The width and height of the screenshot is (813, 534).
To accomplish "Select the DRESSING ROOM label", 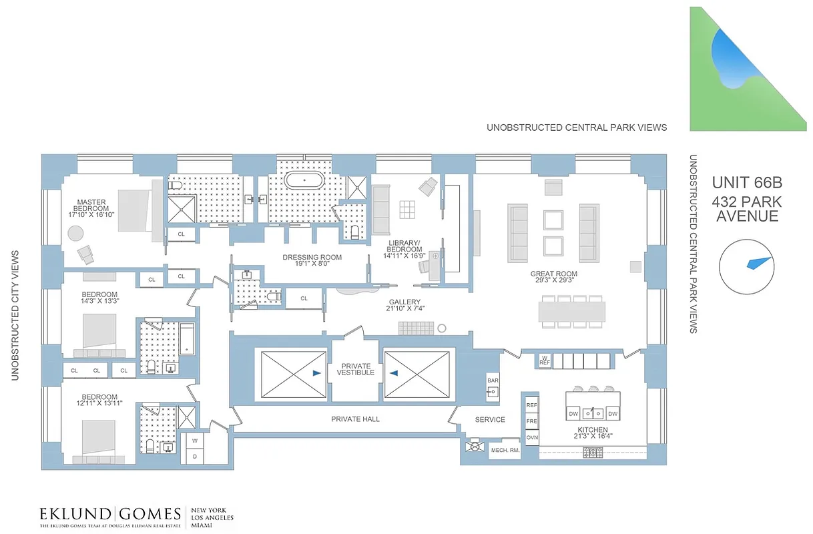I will (312, 257).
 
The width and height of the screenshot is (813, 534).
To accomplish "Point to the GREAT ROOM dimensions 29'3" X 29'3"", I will (554, 281).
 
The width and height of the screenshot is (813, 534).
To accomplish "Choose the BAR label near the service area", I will (493, 380).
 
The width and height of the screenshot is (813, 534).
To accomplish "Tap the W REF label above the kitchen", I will (545, 361).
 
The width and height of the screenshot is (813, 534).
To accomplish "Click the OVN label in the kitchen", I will (532, 437).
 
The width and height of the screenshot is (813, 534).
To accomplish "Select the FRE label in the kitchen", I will (532, 421).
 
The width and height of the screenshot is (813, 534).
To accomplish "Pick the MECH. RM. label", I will (505, 450).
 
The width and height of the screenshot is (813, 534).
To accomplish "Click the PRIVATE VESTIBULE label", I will (357, 369).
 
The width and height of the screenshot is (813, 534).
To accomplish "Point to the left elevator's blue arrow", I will (316, 374).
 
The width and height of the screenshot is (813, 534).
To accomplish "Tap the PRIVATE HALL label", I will (355, 419).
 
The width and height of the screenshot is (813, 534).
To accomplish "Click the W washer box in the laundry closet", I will (195, 441).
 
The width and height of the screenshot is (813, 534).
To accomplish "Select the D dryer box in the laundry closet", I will (195, 456).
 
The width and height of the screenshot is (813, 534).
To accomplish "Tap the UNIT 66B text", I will (746, 182).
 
